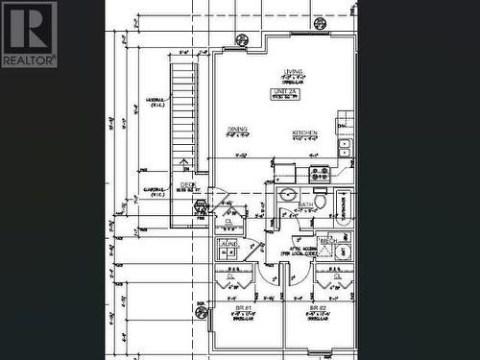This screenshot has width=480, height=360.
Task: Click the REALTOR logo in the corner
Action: pyautogui.click(x=29, y=34)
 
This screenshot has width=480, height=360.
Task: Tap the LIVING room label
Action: pyautogui.click(x=294, y=71)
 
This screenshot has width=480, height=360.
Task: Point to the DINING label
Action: pyautogui.click(x=238, y=129)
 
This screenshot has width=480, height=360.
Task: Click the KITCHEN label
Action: pyautogui.click(x=305, y=132)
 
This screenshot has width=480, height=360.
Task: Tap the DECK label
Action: pyautogui.click(x=187, y=186)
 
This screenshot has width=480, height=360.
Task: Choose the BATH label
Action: pyautogui.click(x=305, y=204)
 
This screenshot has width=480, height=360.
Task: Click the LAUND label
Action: pyautogui.click(x=228, y=244)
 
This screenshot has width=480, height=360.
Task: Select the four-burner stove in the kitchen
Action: pyautogui.click(x=320, y=174)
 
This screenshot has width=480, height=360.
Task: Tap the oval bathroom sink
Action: pyautogui.click(x=286, y=194)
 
